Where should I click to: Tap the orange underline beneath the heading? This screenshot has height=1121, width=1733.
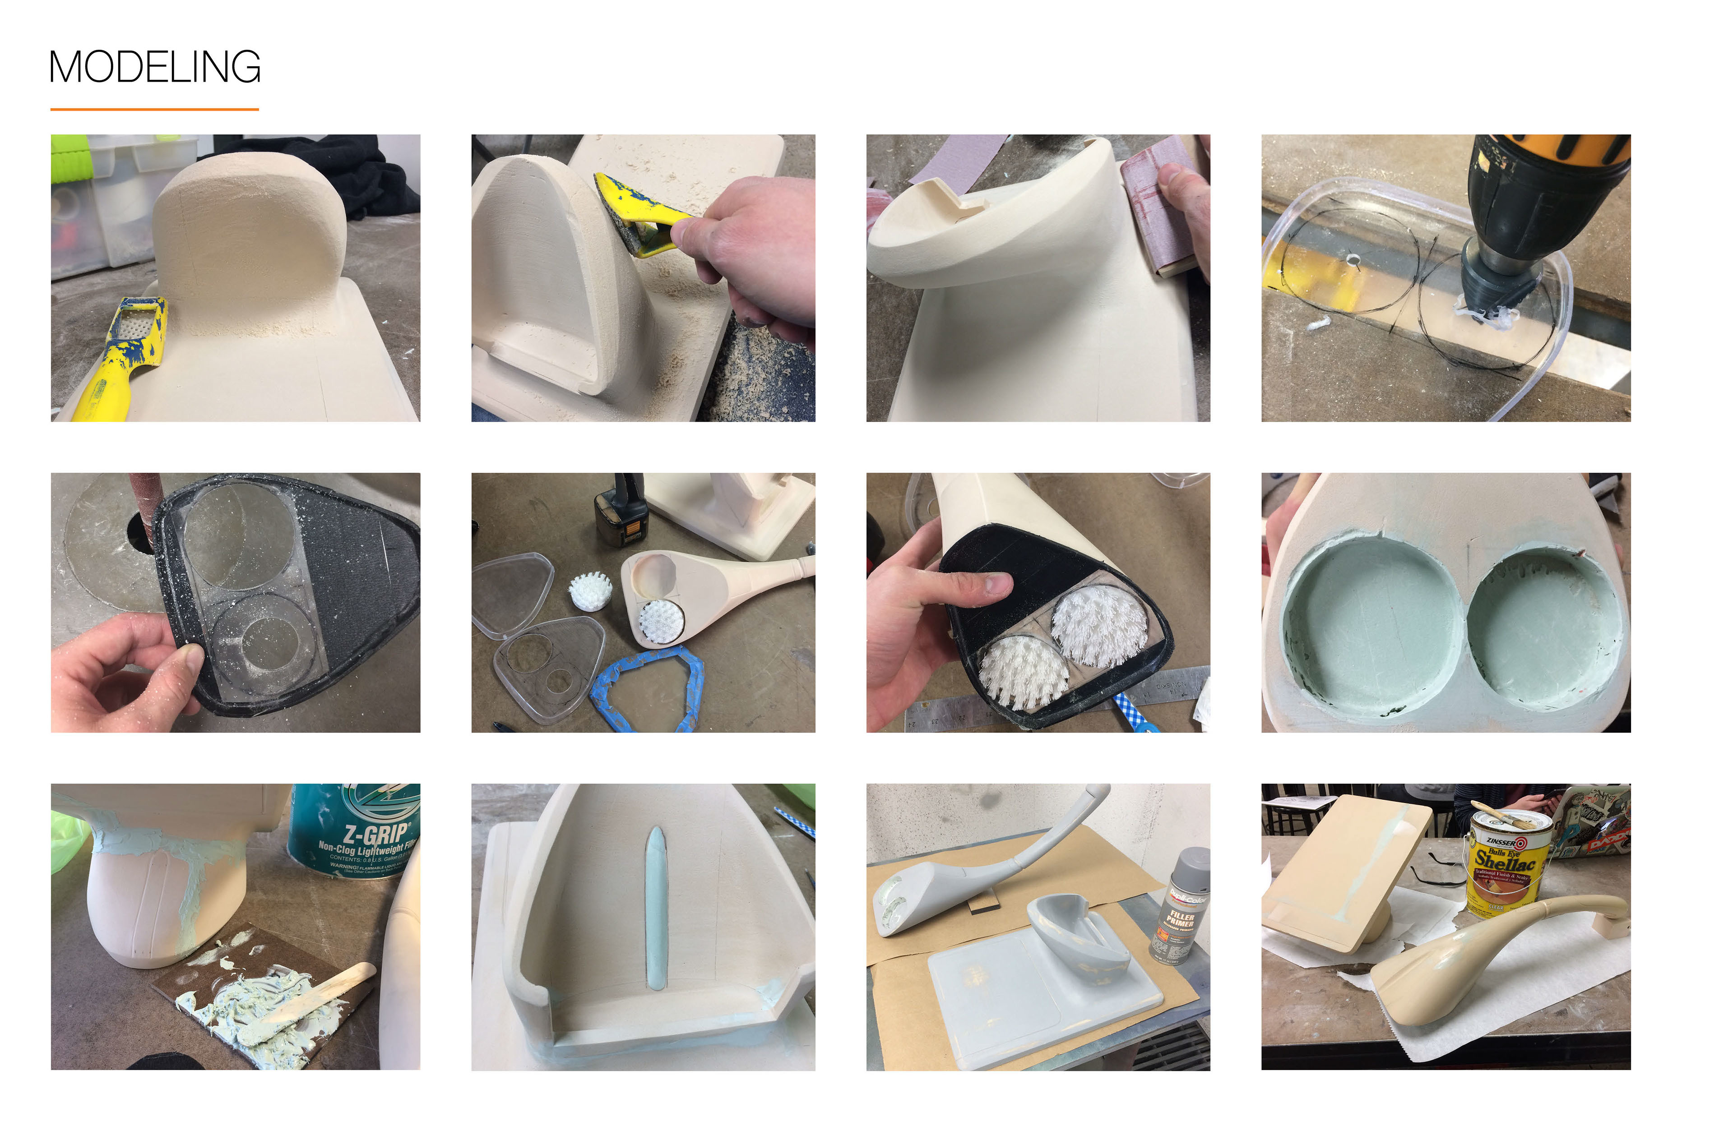pos(154,109)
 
